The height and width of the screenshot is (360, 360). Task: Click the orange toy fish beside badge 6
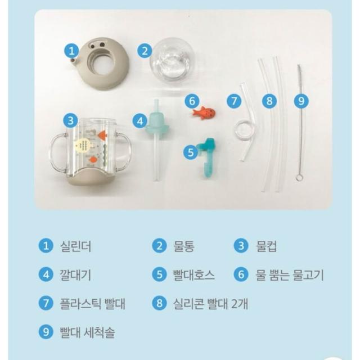click(x=204, y=112)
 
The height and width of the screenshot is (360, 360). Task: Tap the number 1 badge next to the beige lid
click(x=72, y=51)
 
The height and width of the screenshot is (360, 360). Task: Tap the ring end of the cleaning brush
click(x=299, y=178)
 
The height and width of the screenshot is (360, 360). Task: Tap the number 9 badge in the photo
click(x=301, y=101)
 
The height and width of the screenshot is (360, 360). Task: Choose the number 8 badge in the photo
click(x=269, y=101)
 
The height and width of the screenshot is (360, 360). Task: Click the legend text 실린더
click(x=75, y=246)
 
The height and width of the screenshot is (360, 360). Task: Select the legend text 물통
click(x=184, y=246)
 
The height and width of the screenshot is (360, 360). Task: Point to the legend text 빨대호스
click(x=194, y=275)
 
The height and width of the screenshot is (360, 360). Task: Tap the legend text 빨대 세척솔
click(x=87, y=332)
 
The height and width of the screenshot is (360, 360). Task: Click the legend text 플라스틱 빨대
click(x=92, y=304)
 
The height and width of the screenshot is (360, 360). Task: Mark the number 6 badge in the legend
click(x=241, y=274)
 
